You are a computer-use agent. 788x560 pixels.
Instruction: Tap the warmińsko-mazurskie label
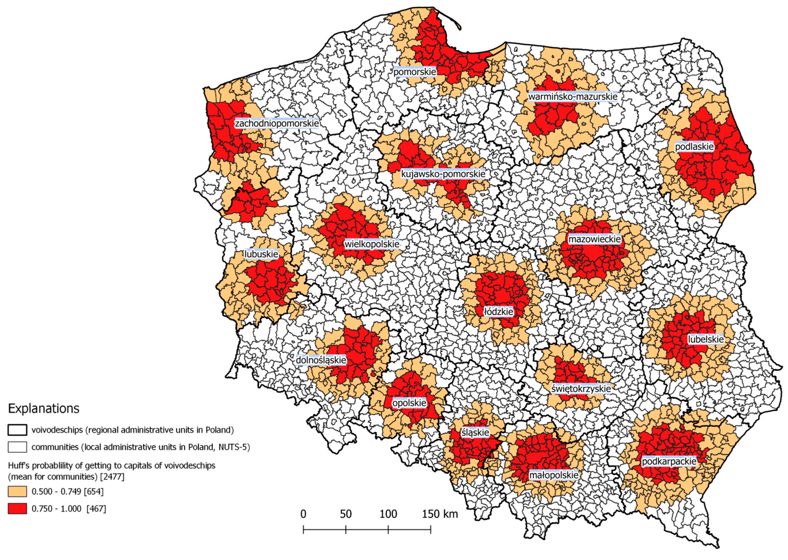pyautogui.click(x=573, y=97)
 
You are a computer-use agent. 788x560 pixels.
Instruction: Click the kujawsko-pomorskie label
pyautogui.click(x=443, y=174)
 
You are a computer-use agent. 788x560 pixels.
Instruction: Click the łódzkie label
pyautogui.click(x=499, y=312)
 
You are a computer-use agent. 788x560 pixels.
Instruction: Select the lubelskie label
pyautogui.click(x=706, y=339)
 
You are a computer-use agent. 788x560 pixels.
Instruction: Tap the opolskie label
pyautogui.click(x=409, y=403)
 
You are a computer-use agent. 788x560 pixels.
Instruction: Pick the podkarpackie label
pyautogui.click(x=669, y=461)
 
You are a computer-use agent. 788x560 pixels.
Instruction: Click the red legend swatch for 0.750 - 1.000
pyautogui.click(x=17, y=509)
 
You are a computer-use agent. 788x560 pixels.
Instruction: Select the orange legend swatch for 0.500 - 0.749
pyautogui.click(x=17, y=491)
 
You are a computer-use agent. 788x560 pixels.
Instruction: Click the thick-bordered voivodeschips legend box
pyautogui.click(x=17, y=430)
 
